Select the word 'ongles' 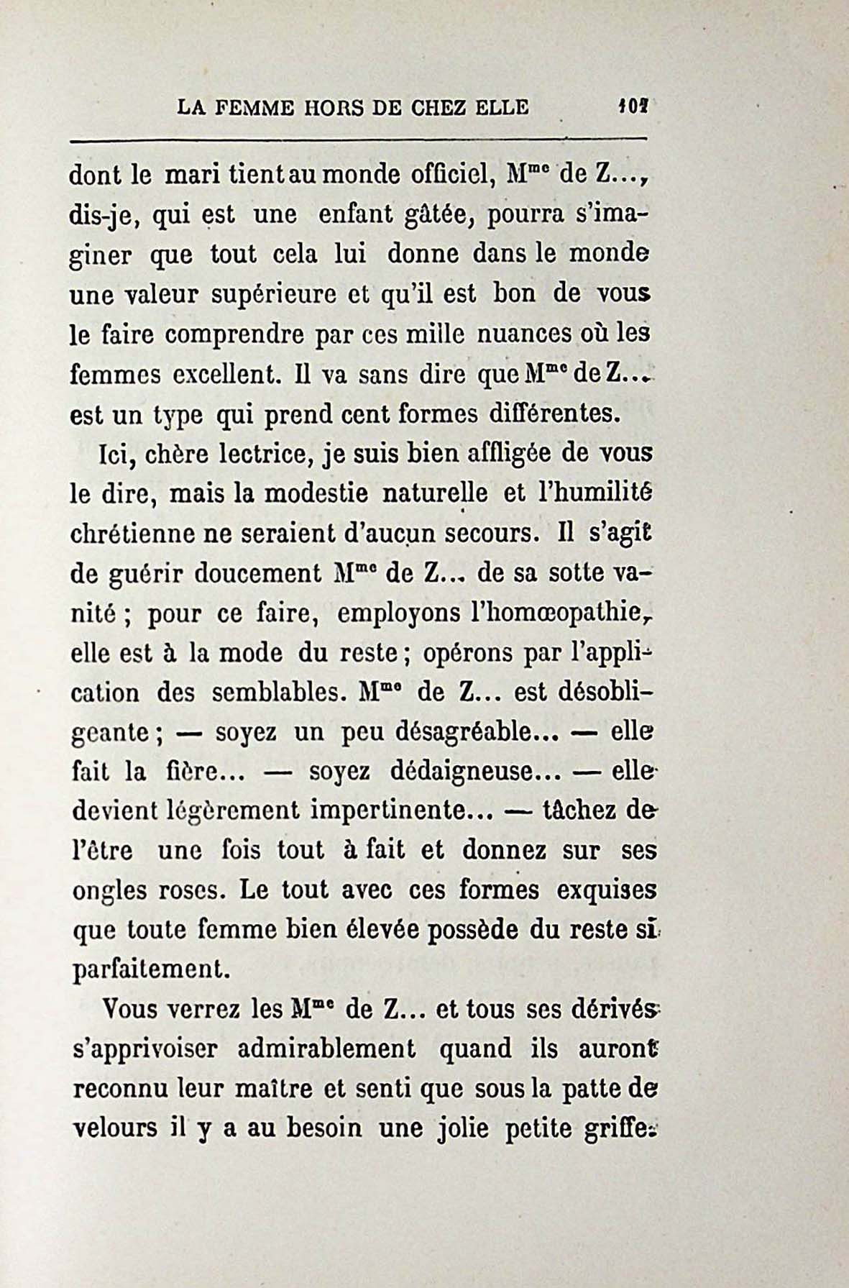point(109,892)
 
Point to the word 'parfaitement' point(152,970)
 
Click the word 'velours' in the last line point(115,1128)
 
